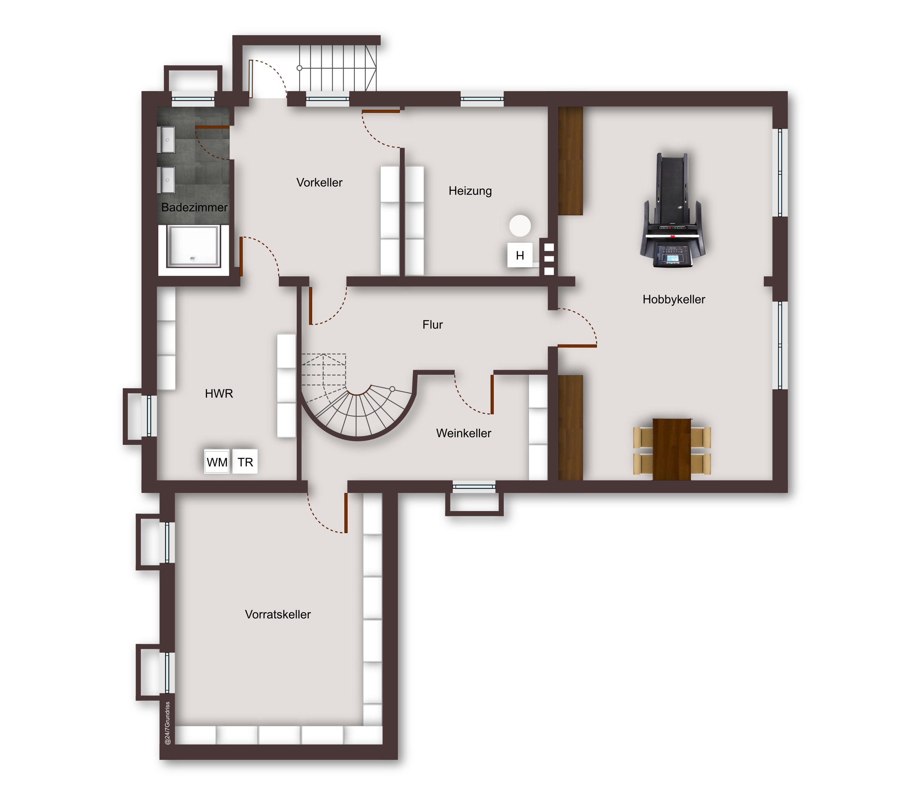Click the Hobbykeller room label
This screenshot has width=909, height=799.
[x=674, y=299]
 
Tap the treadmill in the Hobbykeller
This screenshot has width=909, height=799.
[x=673, y=210]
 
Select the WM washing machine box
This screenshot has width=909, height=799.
[x=217, y=462]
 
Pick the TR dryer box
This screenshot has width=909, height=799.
[x=245, y=462]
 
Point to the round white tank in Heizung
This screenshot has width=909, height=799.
[x=520, y=226]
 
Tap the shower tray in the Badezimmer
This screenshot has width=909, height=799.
[x=194, y=246]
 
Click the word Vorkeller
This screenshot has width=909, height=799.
[x=319, y=182]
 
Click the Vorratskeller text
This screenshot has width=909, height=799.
[x=278, y=614]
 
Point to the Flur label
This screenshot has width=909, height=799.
[x=432, y=325]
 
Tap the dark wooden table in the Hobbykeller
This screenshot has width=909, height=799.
[x=672, y=449]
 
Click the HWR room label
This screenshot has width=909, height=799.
[x=219, y=393]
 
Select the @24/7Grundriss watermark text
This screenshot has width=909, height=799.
[x=168, y=723]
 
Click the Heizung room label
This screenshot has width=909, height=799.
[x=470, y=191]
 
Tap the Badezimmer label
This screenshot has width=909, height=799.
[x=194, y=207]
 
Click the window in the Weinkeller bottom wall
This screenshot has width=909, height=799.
[x=474, y=487]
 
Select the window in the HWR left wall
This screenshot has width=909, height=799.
[x=149, y=416]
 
